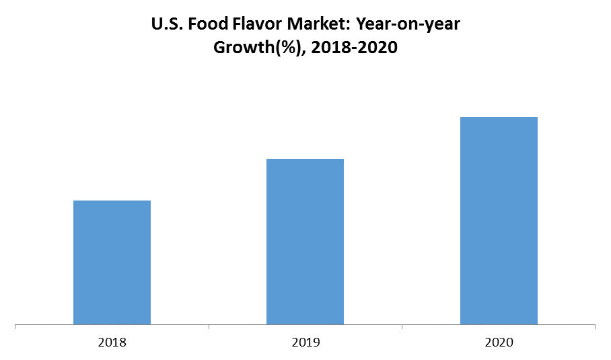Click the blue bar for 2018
click(112, 262)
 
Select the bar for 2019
click(305, 242)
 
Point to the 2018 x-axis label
click(112, 343)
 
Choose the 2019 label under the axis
click(305, 343)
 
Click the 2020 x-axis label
click(499, 343)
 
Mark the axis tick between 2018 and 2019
click(209, 328)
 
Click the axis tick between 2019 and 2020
click(402, 328)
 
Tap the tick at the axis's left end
click(15, 328)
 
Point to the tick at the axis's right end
click(595, 328)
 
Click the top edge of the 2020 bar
click(499, 118)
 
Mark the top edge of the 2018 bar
click(112, 201)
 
